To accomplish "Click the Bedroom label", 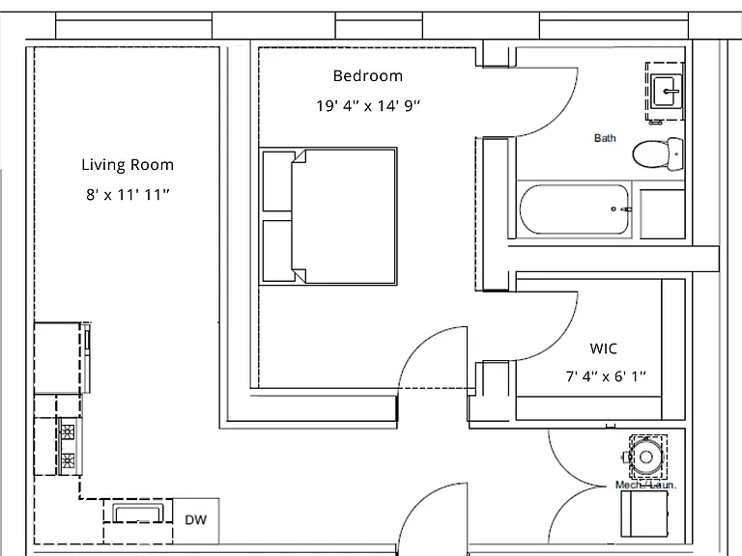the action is pos(368,75).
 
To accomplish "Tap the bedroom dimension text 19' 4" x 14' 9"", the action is pos(368,105).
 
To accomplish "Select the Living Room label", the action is pos(128,164).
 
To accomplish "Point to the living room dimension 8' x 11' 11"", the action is pos(128,194).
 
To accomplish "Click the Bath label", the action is pos(605,138).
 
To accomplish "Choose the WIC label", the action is pos(603,348).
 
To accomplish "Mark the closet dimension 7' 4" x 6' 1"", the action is pos(606,376).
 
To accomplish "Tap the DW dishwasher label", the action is pos(195,520).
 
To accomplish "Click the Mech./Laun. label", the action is pos(646,485).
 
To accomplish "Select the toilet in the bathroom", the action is pos(658,153).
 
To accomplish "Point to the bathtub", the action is pos(575,208).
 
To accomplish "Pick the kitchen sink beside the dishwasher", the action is pos(138,513).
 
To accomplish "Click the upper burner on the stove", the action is pos(68,432).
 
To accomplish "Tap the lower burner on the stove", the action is pos(68,460).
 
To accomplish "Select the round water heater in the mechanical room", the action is pos(645,457).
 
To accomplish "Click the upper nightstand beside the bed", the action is pos(278,181).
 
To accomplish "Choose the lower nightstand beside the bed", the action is pos(278,251).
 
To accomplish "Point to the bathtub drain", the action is pos(614,208).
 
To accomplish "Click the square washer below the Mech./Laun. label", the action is pos(644,514).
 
